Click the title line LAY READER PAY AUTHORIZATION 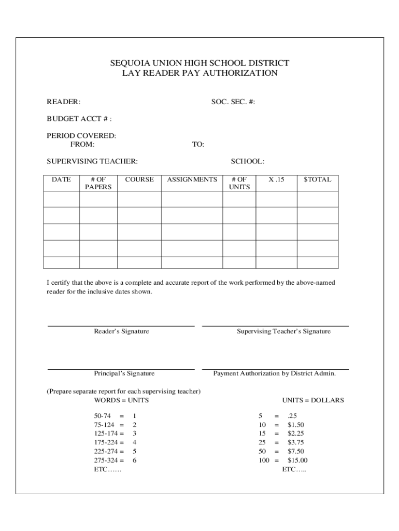click(199, 73)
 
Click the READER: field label click(63, 102)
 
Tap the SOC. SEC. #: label click(233, 102)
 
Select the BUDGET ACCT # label click(79, 119)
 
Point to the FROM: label click(82, 144)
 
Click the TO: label click(198, 144)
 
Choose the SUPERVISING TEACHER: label click(92, 161)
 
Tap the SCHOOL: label click(248, 161)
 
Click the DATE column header click(61, 179)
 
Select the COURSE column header click(139, 179)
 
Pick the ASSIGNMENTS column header click(192, 179)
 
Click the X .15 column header click(276, 179)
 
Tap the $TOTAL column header click(317, 179)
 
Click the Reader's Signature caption click(121, 331)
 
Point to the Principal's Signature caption click(124, 373)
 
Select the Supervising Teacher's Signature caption click(283, 331)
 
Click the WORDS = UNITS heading click(121, 400)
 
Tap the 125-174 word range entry click(105, 433)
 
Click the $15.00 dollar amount click(297, 460)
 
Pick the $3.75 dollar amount click(296, 442)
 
